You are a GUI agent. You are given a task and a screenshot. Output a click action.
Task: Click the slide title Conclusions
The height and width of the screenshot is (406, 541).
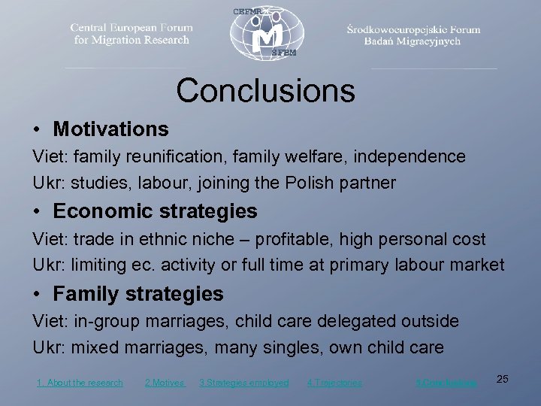click(265, 91)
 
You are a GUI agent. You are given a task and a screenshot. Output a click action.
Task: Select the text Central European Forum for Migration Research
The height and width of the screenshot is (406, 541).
click(131, 34)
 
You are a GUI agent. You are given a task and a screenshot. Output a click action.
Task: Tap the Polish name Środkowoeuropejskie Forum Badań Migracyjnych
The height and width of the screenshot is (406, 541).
click(413, 35)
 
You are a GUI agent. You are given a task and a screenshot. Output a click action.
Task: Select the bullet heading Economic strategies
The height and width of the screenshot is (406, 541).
click(155, 212)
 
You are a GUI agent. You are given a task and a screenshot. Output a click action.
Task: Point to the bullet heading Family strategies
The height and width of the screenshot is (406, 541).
click(138, 294)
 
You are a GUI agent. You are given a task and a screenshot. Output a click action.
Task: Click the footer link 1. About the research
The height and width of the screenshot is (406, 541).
click(80, 383)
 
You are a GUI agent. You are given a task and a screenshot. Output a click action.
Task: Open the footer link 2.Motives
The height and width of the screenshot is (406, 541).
click(164, 383)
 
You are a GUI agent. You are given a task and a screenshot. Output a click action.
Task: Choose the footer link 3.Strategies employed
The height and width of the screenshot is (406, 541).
click(243, 383)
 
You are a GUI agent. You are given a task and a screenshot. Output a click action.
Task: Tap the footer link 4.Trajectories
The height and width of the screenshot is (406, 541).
click(334, 383)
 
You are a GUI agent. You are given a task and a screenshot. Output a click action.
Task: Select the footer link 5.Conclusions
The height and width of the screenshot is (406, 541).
click(446, 383)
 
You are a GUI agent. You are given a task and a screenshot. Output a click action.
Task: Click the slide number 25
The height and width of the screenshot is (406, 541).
click(503, 379)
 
